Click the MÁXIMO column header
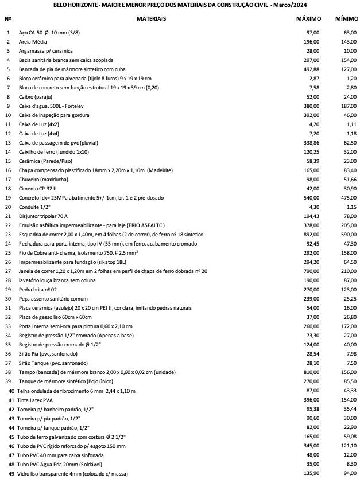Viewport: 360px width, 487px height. click(x=308, y=19)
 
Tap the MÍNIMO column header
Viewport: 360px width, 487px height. click(x=346, y=19)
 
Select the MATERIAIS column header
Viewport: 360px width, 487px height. click(x=152, y=19)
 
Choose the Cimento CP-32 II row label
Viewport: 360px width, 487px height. click(x=38, y=188)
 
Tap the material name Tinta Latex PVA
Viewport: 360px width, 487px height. click(x=38, y=399)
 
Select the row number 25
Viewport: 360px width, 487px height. click(x=8, y=252)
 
